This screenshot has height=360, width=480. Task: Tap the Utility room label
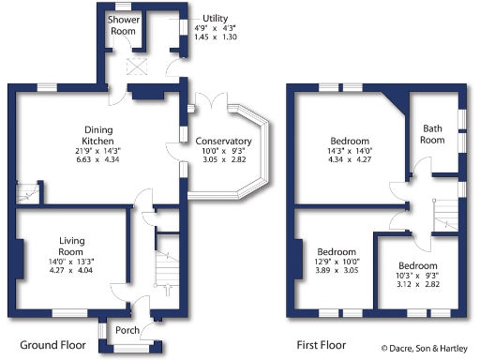point(215,18)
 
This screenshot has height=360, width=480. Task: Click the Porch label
point(127,330)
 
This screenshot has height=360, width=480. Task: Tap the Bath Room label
point(432,134)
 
